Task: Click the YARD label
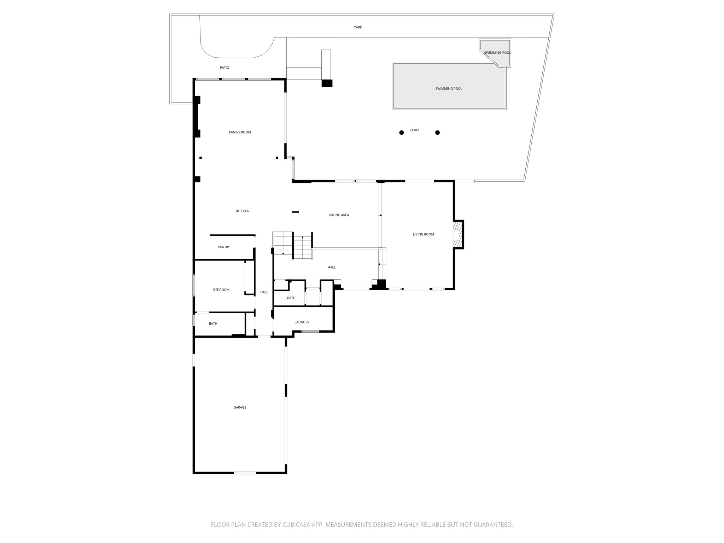[358, 27]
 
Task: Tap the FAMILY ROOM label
[240, 132]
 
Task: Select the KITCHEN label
[243, 211]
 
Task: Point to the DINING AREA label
[339, 215]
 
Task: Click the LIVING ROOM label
[423, 234]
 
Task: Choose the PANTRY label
[223, 247]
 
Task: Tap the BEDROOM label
[221, 290]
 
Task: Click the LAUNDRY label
[302, 322]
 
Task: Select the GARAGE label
[239, 408]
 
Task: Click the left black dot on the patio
[401, 133]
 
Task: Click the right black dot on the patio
[437, 133]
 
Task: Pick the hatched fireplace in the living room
[458, 234]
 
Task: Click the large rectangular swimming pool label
[449, 89]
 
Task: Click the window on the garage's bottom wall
[245, 473]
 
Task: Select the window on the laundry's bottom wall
[310, 331]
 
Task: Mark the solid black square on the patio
[327, 83]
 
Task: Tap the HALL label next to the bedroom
[264, 292]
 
